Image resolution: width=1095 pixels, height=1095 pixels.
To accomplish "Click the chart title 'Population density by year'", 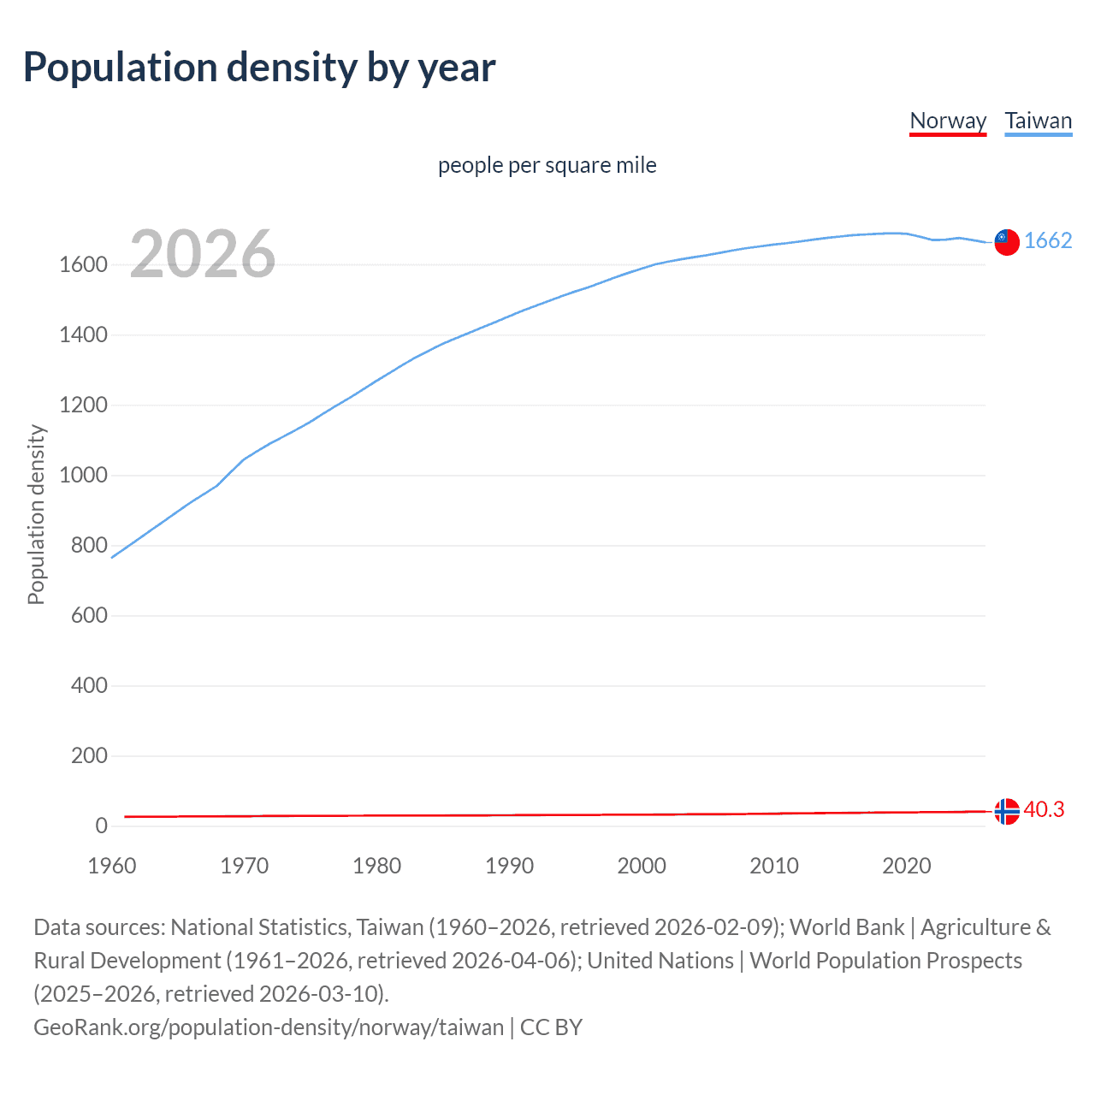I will (259, 68).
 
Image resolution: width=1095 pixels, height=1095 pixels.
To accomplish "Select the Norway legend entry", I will (948, 121).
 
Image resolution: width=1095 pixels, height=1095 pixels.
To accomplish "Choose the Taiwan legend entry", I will (1038, 121).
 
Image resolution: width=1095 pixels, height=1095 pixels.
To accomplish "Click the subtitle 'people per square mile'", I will (547, 165).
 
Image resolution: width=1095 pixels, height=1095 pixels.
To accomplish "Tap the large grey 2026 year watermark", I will (203, 254).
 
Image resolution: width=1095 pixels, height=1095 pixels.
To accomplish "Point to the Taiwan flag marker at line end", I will (1007, 242).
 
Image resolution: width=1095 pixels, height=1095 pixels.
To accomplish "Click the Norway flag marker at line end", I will (1007, 810).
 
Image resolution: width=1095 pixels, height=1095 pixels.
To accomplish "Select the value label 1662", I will (1048, 240).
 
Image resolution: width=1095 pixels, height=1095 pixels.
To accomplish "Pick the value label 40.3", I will (1044, 809).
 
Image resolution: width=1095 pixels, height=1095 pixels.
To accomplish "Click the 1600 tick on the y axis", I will (83, 265).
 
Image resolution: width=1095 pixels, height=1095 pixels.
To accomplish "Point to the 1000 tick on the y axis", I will (83, 476).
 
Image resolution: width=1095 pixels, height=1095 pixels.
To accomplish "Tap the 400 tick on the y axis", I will (89, 686).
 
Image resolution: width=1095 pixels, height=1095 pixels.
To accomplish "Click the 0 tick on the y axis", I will (101, 826).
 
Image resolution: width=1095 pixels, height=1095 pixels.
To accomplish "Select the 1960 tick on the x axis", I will (112, 866).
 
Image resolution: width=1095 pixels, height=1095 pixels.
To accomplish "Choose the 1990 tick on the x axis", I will (509, 866).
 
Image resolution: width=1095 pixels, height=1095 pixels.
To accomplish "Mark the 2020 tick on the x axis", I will (906, 866).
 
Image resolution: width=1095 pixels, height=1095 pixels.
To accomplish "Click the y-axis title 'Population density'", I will (36, 515).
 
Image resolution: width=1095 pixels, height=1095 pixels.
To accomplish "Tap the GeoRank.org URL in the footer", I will (269, 1027).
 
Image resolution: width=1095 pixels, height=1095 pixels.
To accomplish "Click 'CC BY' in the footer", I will (551, 1027).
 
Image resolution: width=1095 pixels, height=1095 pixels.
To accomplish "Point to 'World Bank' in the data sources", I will (846, 927).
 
